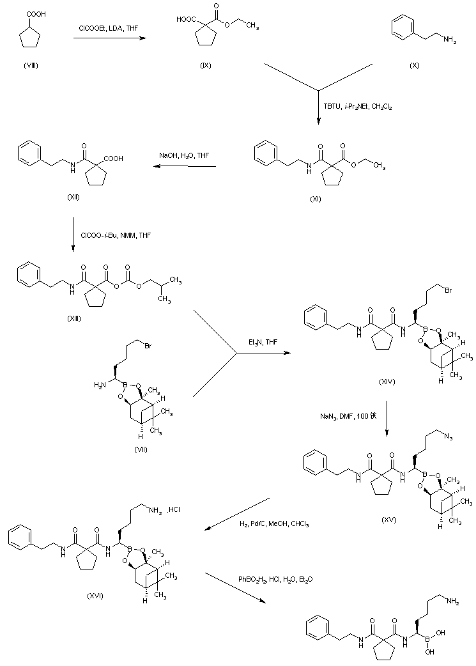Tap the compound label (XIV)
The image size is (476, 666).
pos(387,382)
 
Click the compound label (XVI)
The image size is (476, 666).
pos(95,595)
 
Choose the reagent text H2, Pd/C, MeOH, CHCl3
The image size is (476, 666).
pos(275,524)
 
